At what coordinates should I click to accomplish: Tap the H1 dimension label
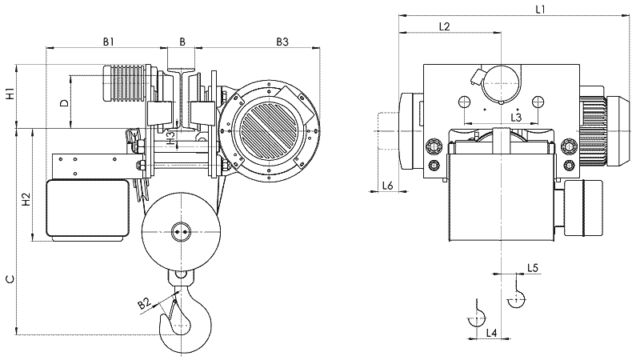10,93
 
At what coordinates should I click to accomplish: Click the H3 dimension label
170,137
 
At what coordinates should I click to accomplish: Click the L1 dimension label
540,10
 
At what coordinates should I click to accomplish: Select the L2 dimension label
446,26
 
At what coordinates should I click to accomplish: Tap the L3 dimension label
517,117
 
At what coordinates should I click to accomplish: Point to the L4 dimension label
492,332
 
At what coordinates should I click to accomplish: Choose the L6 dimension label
387,186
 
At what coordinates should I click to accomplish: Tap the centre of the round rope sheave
181,233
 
